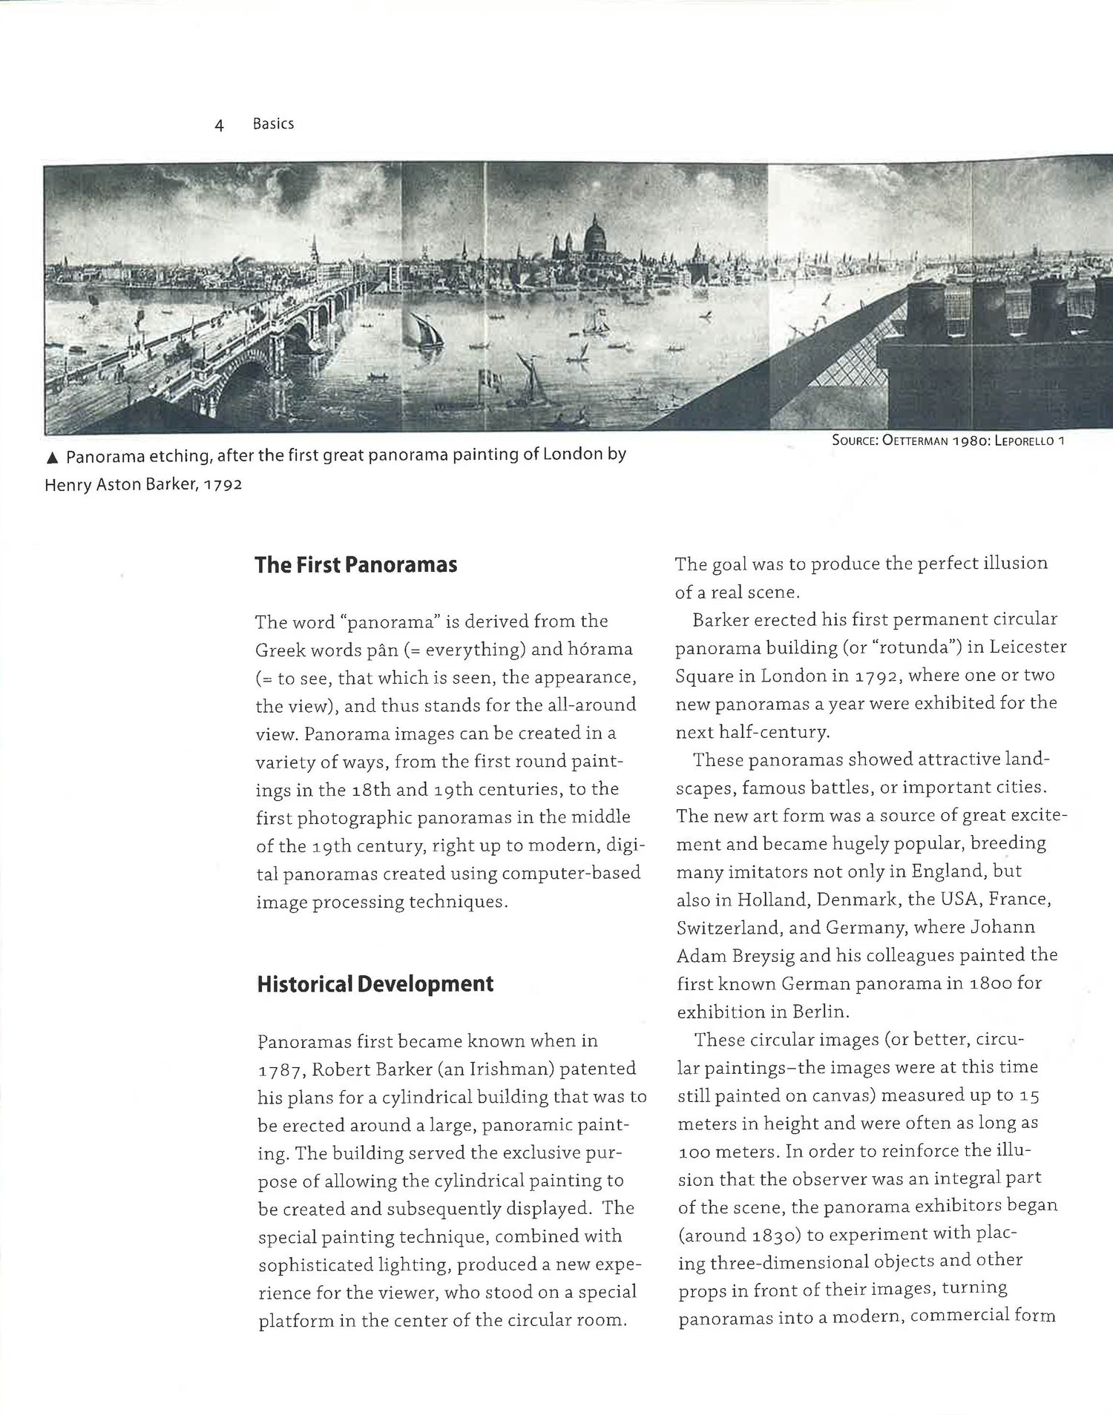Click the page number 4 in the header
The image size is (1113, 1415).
coord(219,125)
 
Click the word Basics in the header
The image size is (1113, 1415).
coord(273,124)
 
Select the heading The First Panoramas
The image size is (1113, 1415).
coord(355,565)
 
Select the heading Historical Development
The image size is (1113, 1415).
coord(375,984)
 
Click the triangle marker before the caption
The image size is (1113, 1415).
coord(52,458)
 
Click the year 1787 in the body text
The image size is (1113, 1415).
coord(278,1070)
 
